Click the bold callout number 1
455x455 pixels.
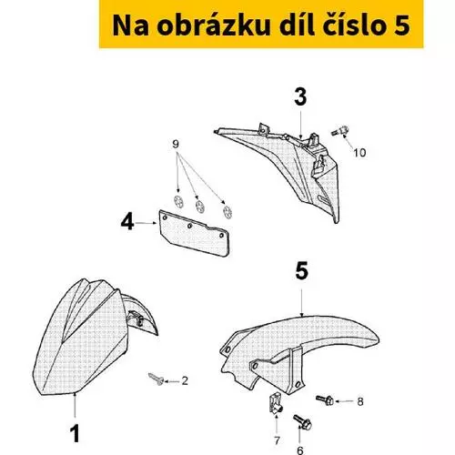pos(75,433)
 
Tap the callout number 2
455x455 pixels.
pos(185,380)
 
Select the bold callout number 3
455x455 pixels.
pos(300,97)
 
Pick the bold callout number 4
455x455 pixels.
pos(127,221)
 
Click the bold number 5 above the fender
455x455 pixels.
pos(301,271)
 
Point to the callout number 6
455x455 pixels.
pos(299,450)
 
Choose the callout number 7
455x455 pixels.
pos(277,440)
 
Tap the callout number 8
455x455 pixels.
pos(360,401)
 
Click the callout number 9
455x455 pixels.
pos(176,144)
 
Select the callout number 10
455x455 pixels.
pos(359,153)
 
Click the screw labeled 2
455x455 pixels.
pos(157,379)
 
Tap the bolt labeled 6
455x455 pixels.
pos(302,422)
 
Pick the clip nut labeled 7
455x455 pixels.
pos(276,403)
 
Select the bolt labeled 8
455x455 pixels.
pos(325,400)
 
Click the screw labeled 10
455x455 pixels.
pos(339,131)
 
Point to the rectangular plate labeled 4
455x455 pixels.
pos(194,233)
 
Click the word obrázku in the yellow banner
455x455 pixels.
pos(214,25)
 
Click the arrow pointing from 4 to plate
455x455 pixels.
pos(146,223)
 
